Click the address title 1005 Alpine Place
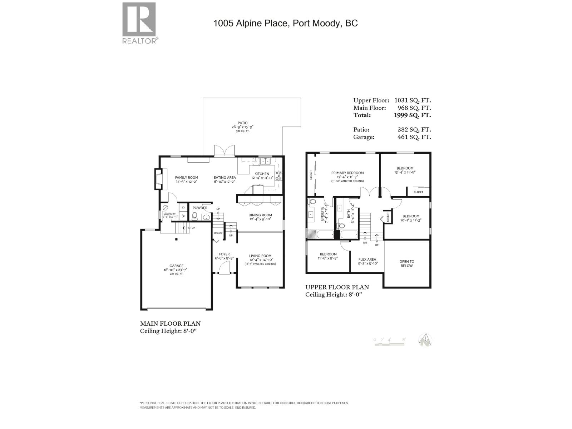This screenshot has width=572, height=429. [285, 24]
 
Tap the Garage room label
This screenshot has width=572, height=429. [176, 266]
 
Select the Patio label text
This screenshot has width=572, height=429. [243, 123]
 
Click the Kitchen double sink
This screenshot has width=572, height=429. [265, 162]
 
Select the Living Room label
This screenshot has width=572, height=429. [260, 256]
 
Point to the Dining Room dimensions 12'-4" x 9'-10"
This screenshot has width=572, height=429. [260, 219]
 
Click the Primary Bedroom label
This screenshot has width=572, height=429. [347, 173]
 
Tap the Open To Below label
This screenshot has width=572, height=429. [406, 263]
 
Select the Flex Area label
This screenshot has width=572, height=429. [368, 260]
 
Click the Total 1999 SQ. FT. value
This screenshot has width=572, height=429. [412, 115]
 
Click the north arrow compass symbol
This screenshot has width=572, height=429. [425, 340]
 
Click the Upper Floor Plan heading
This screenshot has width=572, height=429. [337, 287]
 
